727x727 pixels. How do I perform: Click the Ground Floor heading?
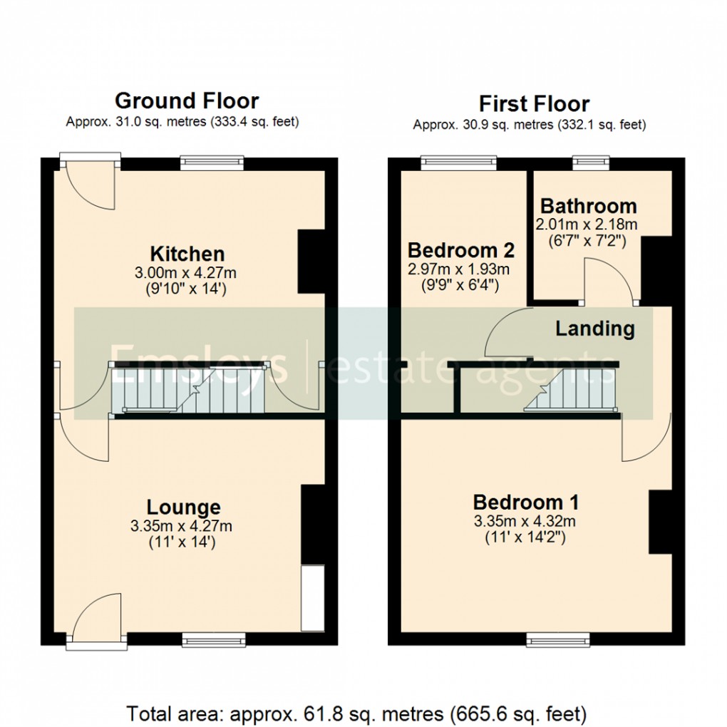[186, 100]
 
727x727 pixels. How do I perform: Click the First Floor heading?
[534, 104]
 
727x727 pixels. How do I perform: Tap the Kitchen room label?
[187, 253]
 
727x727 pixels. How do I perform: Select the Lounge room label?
[183, 507]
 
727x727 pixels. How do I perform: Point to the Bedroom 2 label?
[460, 250]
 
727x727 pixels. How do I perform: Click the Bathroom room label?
[588, 206]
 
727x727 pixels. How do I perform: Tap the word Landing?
[594, 329]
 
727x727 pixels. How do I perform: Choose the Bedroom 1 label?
[525, 501]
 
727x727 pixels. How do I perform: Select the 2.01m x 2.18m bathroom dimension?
[586, 224]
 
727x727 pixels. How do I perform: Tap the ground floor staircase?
[189, 390]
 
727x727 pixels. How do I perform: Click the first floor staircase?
[570, 391]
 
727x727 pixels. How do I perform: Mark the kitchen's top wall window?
[212, 163]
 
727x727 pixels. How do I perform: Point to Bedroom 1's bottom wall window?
[554, 641]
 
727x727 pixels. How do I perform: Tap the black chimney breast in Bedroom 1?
[660, 522]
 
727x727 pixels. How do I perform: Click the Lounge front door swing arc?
[98, 614]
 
